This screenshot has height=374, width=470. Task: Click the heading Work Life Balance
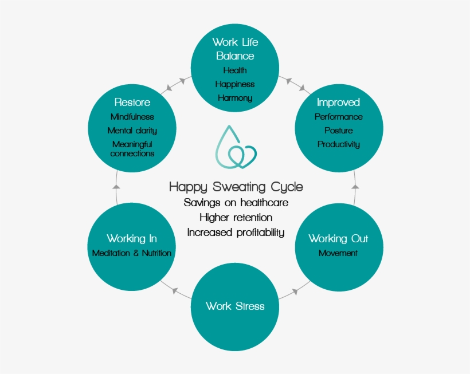(x=235, y=49)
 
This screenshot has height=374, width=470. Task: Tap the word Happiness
(x=235, y=84)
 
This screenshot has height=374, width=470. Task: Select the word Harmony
(x=235, y=98)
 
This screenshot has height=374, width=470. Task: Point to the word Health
(x=235, y=70)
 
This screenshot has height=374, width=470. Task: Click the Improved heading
(x=338, y=103)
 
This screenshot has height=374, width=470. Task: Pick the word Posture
(x=338, y=131)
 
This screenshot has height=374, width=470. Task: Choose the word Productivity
(x=338, y=144)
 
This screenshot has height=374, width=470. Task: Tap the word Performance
(x=338, y=117)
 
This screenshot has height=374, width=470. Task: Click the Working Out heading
(x=338, y=238)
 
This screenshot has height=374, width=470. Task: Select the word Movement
(x=338, y=253)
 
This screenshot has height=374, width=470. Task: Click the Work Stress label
(x=235, y=306)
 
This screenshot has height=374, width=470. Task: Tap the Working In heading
(x=132, y=238)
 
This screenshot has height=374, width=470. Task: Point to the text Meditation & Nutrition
(x=132, y=253)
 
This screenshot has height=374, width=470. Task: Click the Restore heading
(x=132, y=103)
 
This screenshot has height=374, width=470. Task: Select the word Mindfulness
(x=132, y=117)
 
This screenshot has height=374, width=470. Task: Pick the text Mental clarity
(x=132, y=131)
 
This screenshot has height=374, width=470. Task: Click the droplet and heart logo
(x=235, y=147)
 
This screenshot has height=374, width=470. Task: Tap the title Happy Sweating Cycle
(x=236, y=187)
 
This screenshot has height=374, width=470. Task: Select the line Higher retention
(x=236, y=218)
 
